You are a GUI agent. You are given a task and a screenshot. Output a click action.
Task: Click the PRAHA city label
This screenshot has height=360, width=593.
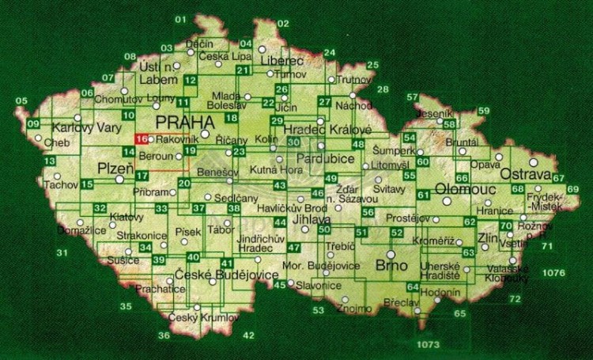[x=185, y=121]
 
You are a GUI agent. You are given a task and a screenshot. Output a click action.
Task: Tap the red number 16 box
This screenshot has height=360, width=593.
[x=141, y=139]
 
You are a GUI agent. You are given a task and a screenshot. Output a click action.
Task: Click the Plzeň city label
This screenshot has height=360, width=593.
[x=109, y=169]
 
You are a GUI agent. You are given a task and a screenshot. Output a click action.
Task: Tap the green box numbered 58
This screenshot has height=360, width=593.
[x=449, y=124]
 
